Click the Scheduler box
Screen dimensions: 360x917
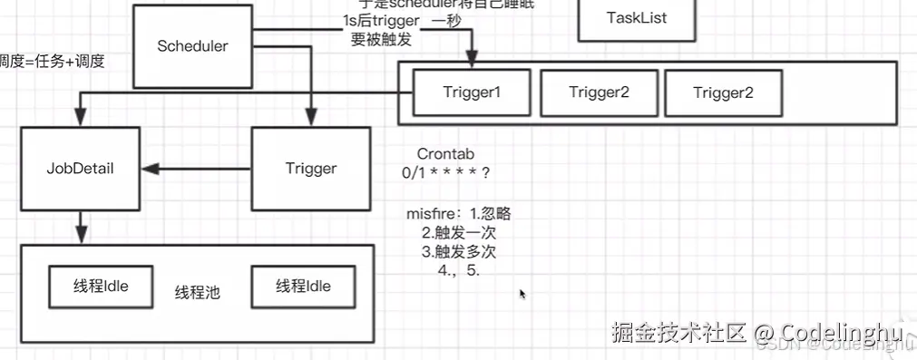192,46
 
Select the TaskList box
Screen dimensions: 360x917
636,18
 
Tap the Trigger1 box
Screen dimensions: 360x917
472,92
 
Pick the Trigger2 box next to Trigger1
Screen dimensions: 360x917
599,92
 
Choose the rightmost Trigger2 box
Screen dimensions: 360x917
723,92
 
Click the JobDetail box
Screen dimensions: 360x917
80,169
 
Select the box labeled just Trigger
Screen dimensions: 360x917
310,169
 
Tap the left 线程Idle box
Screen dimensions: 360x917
101,287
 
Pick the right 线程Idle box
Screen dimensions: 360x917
303,287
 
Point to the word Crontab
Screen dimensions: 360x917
445,155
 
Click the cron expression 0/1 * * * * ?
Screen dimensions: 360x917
446,172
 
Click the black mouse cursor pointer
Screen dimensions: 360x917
522,294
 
